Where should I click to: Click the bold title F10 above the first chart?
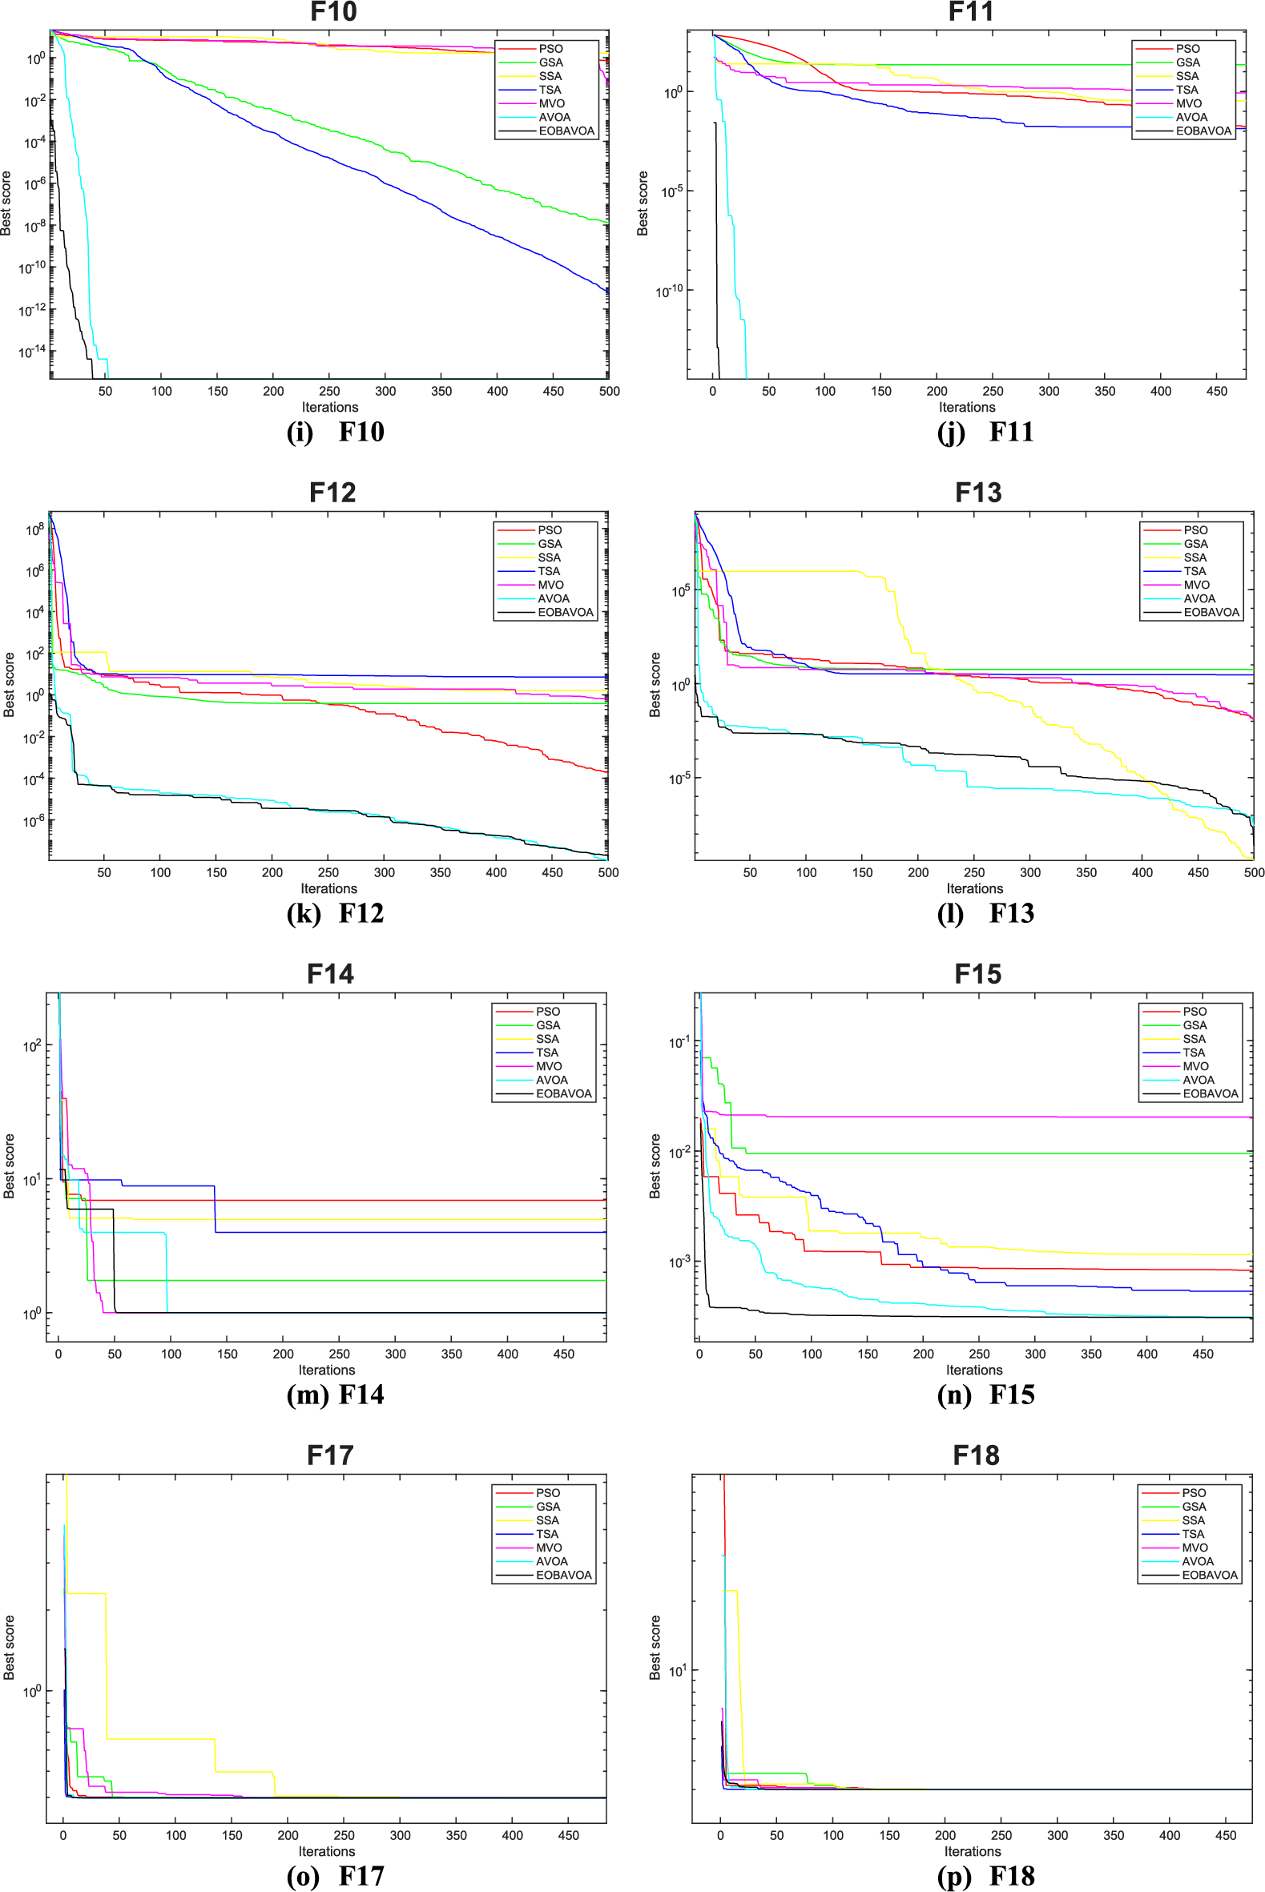[333, 12]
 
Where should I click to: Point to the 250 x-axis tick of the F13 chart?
[973, 872]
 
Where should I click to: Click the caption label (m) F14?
[335, 1395]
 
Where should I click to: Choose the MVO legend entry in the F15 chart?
[1194, 1066]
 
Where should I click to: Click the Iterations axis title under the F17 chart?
[327, 1851]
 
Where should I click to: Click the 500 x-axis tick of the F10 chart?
[609, 391]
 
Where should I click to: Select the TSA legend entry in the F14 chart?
[547, 1053]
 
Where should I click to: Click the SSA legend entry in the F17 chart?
[547, 1520]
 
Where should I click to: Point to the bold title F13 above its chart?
[978, 493]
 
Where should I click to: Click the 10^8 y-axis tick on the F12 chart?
[34, 529]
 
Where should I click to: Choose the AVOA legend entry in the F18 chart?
[1197, 1561]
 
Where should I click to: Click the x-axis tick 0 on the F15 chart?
[699, 1354]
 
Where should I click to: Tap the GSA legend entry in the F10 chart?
[551, 62]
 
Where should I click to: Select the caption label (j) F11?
[985, 433]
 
